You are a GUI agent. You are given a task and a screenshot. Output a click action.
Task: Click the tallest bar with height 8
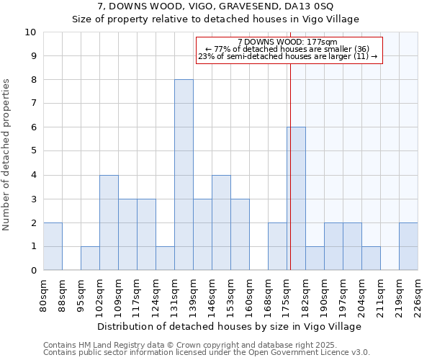point(184,175)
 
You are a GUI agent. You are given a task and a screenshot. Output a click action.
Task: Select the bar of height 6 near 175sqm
point(296,199)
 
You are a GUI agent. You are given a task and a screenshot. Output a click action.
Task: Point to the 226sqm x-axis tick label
point(418,294)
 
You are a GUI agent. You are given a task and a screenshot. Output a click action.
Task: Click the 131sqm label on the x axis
point(175,294)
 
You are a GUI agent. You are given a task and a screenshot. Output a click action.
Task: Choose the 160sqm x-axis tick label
point(250,294)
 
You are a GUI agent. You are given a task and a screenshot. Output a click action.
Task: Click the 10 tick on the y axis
point(30,32)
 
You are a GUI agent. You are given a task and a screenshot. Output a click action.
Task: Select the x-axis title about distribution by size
point(230,326)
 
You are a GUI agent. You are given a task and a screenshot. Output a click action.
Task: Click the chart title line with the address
point(215,7)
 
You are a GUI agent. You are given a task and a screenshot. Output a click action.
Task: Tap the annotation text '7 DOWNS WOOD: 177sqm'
point(287,42)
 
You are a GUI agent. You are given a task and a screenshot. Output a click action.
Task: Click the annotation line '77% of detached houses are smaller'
point(287,50)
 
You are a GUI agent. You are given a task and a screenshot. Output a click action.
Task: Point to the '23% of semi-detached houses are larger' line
point(287,57)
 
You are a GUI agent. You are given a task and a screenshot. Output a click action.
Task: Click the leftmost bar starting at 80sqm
point(53,246)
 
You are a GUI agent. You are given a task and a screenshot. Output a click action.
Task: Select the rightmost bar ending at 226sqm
point(408,246)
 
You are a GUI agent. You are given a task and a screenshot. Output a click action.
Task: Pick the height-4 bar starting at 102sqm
point(109,222)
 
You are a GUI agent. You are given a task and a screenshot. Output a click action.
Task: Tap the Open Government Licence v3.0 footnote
point(207,352)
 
